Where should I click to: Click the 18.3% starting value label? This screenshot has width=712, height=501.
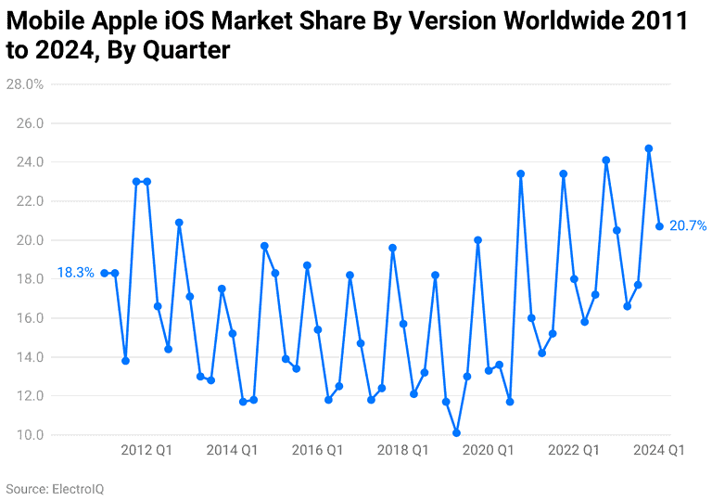pos(75,273)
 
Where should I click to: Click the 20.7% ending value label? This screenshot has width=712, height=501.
pos(688,225)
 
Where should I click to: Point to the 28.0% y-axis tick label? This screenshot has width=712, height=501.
pos(25,84)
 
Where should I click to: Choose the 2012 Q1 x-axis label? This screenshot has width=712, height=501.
pos(146,451)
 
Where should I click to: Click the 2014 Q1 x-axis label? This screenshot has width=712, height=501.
pos(232,451)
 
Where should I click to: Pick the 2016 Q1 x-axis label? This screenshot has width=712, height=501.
pos(317,451)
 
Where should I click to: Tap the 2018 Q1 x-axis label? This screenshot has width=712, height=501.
pos(402,451)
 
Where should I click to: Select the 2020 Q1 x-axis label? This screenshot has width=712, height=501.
pos(488,451)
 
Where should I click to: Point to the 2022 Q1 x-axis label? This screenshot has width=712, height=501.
pos(574,451)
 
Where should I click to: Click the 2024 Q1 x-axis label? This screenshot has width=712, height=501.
pos(659,451)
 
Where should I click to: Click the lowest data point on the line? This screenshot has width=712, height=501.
pos(456,432)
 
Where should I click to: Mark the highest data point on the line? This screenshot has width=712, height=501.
pos(649,148)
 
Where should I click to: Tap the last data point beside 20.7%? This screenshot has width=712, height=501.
pos(659,226)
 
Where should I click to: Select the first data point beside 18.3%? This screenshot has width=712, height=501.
pos(105,273)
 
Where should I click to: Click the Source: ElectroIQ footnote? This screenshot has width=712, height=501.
pos(55,488)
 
